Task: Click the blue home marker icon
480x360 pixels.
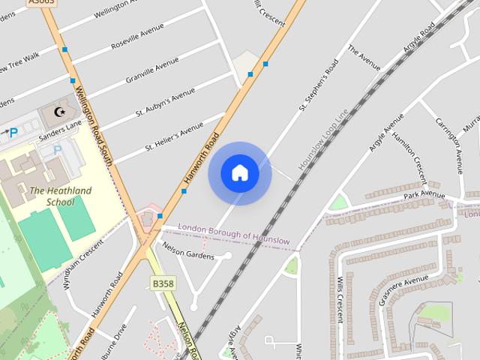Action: tap(240, 173)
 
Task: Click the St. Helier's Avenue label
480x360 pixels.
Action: tap(174, 139)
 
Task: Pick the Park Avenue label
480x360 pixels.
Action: tap(424, 195)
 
